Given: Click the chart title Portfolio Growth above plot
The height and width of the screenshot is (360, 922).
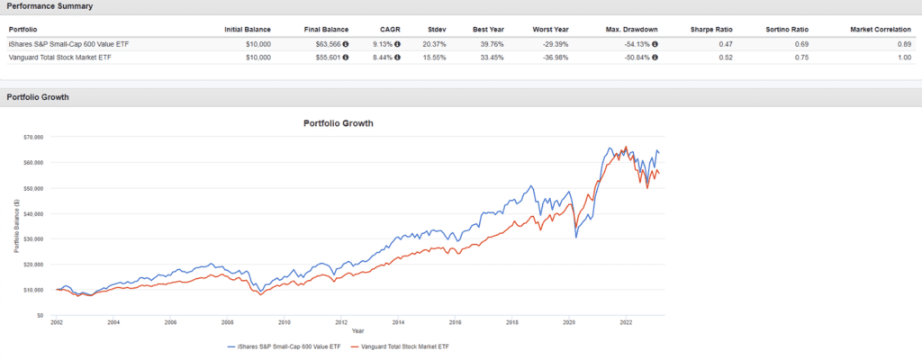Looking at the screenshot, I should (x=337, y=122).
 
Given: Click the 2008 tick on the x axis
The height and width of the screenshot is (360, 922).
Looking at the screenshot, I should (x=227, y=321).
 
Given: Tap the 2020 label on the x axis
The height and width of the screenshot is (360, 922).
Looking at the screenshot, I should (x=568, y=321).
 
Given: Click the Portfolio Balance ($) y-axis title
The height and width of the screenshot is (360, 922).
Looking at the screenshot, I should (x=17, y=225).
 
